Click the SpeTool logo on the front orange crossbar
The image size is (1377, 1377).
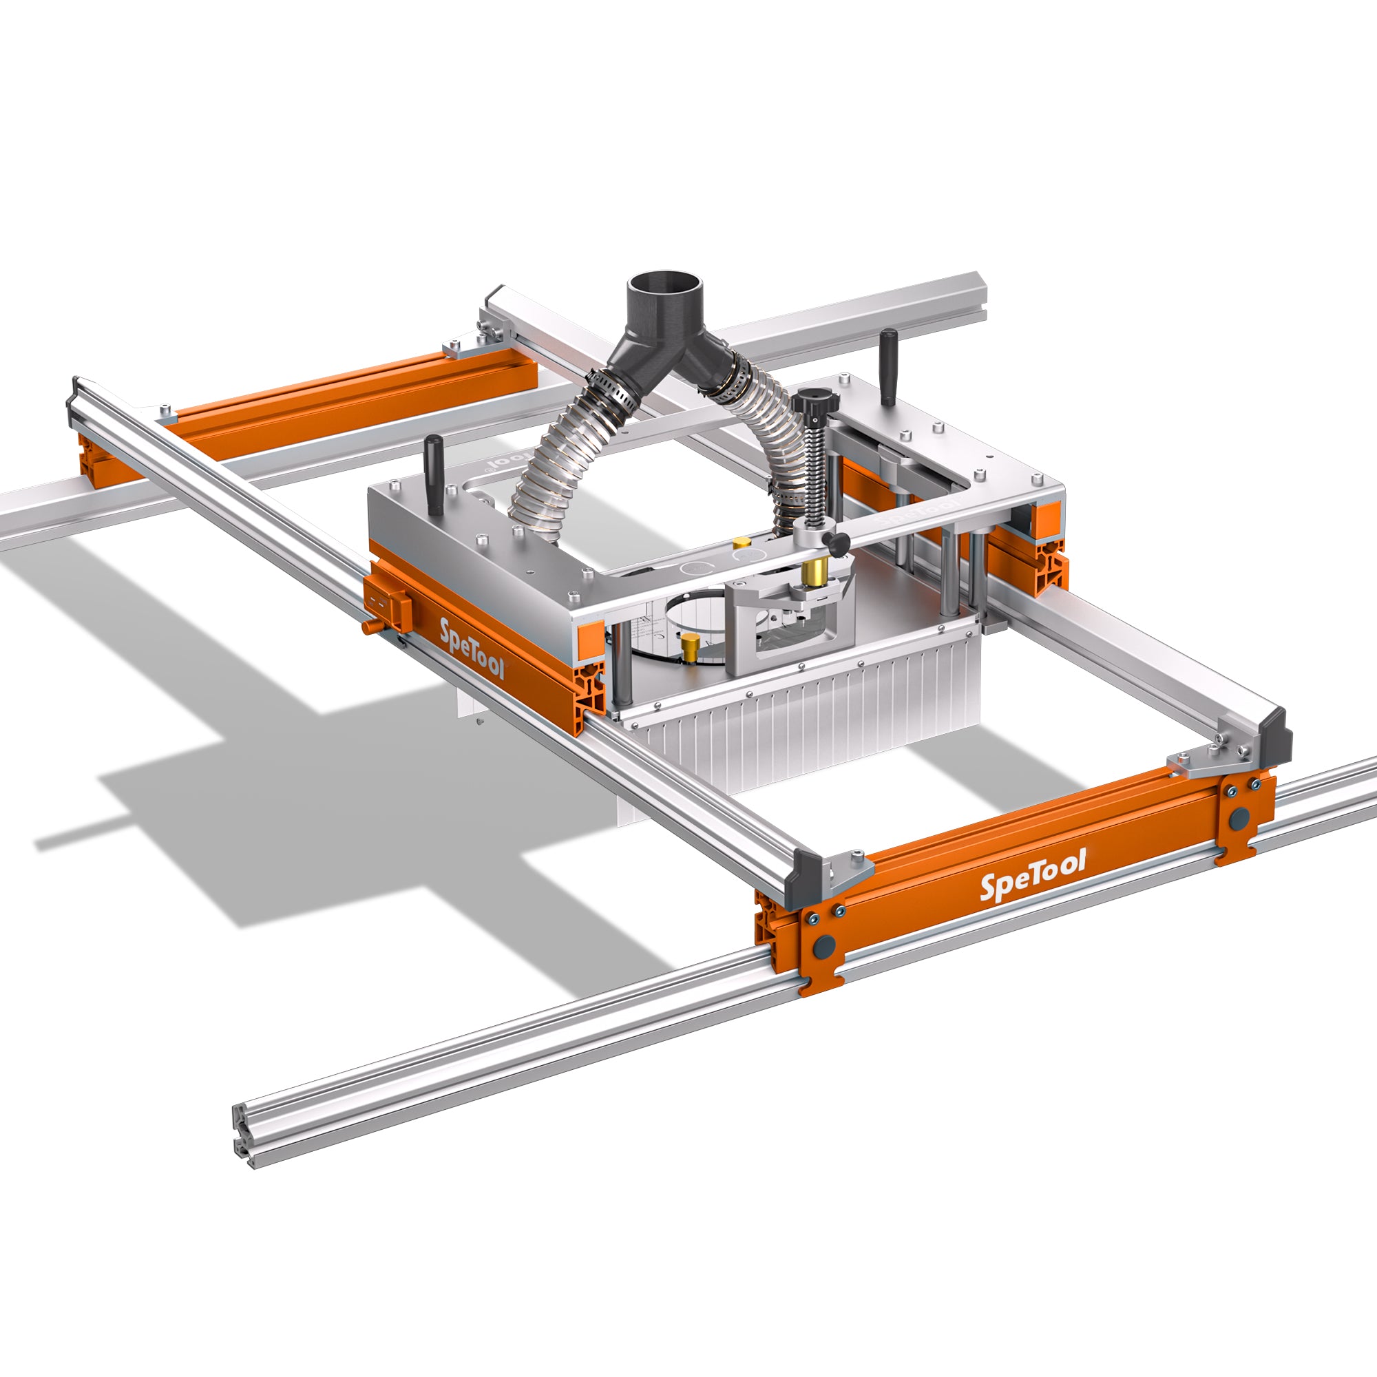(1033, 875)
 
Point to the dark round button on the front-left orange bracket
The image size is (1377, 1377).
(825, 947)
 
